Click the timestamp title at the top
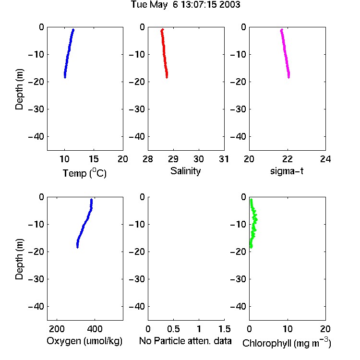(185, 5)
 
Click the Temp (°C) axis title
(84, 173)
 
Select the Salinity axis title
(185, 171)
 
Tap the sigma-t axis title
(287, 171)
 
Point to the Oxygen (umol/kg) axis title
(84, 341)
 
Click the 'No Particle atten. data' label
(185, 341)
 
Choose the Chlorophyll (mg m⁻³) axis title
(287, 343)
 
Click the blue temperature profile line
(69, 54)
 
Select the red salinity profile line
(164, 54)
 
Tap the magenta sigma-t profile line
(285, 54)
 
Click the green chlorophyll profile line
(253, 224)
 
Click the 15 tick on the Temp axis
(94, 159)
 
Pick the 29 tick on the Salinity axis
(173, 159)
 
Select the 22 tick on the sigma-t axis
(287, 159)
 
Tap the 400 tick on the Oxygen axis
(95, 329)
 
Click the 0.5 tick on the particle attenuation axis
(173, 329)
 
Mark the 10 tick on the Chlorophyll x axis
(287, 329)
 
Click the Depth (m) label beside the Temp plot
(19, 89)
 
